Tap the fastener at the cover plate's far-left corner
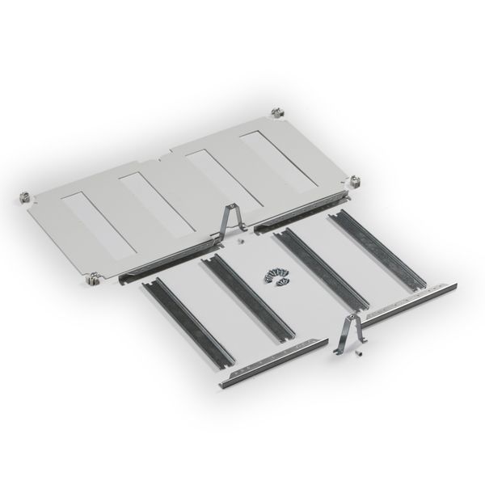tap(24, 197)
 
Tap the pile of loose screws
tap(275, 276)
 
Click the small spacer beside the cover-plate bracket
tap(242, 240)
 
